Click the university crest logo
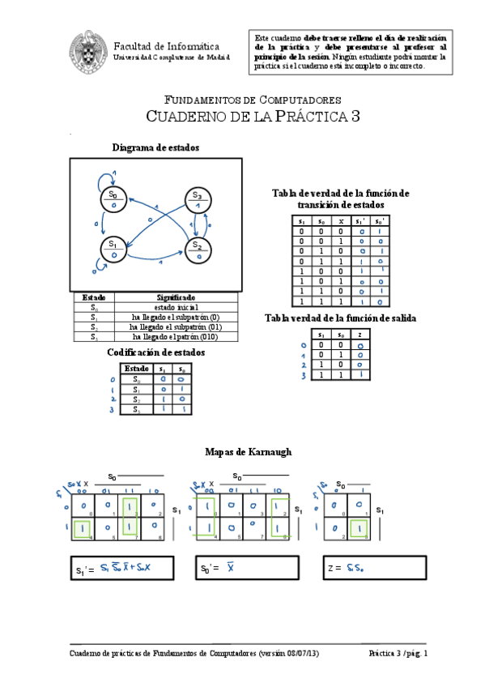[x=87, y=49]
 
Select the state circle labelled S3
[x=197, y=198]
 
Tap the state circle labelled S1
[x=113, y=249]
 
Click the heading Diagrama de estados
[x=156, y=147]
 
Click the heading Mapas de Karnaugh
[x=249, y=451]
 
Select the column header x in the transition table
[x=341, y=221]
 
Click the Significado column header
[x=176, y=298]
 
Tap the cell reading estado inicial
[x=176, y=308]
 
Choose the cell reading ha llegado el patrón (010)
[x=176, y=336]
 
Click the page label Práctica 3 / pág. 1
[x=398, y=653]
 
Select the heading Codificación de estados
[x=156, y=353]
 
